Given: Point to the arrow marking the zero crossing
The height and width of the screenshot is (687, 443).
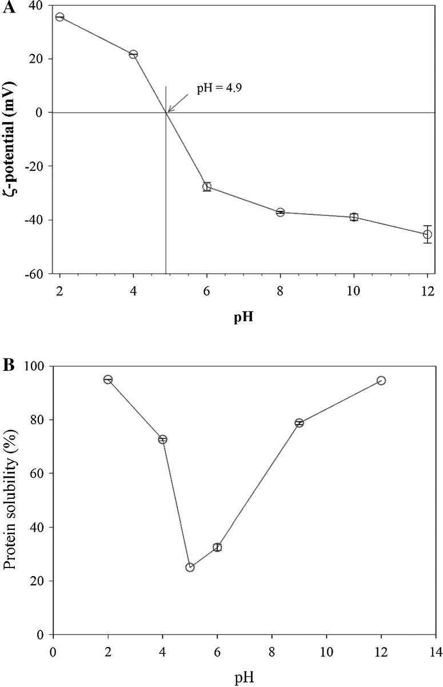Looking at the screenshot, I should point(177,103).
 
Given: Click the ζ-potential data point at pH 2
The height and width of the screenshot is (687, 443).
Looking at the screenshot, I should point(59,17).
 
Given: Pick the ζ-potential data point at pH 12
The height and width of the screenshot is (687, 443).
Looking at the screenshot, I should point(427,234).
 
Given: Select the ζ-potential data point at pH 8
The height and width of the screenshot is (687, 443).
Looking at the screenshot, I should point(280,212).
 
